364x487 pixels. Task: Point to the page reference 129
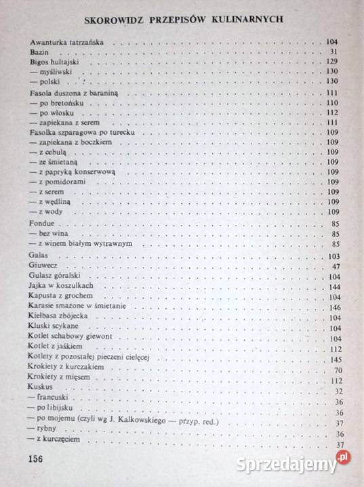click(x=331, y=62)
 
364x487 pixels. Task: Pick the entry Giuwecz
click(x=43, y=266)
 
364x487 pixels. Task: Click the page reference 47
click(x=334, y=267)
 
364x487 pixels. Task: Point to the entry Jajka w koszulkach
click(x=60, y=287)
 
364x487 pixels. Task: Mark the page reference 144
click(x=331, y=287)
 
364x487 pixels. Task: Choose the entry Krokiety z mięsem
click(x=59, y=377)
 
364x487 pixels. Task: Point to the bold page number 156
click(x=35, y=459)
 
